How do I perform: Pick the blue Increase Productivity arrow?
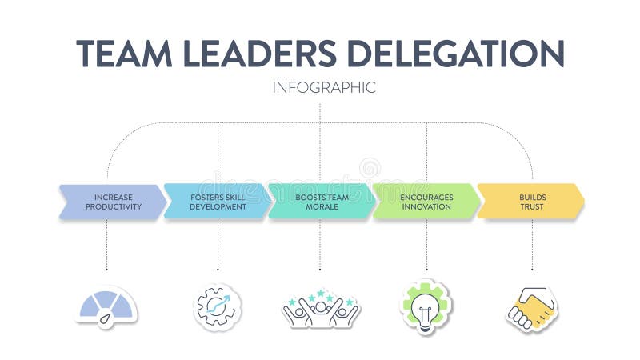(x=113, y=202)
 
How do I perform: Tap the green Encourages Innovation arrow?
(x=426, y=202)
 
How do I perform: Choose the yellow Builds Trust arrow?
(x=530, y=202)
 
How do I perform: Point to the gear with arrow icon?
(x=218, y=306)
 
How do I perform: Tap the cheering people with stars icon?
(x=321, y=309)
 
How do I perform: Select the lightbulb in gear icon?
(x=426, y=306)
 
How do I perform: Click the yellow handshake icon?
(x=531, y=308)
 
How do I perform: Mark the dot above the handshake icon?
(x=532, y=270)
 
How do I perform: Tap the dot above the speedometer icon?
(x=107, y=270)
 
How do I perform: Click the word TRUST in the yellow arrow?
(x=532, y=206)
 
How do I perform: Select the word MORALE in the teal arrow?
(x=322, y=206)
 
